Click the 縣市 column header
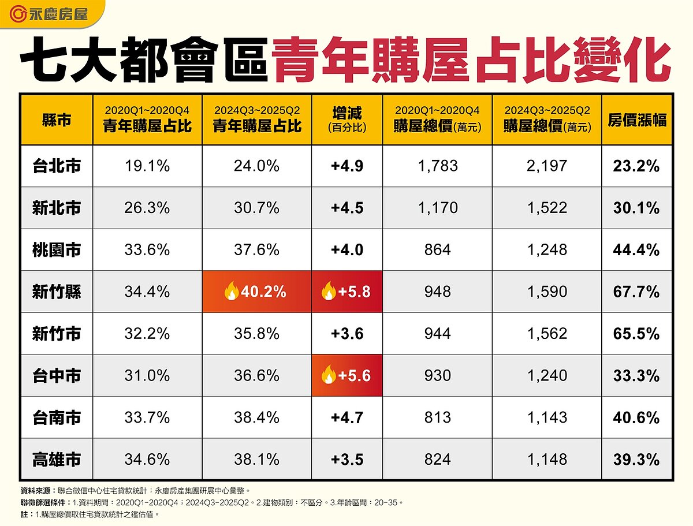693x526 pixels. tap(57, 120)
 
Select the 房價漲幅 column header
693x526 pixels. tap(637, 120)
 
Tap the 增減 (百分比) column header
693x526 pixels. tap(347, 120)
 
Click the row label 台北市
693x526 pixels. tap(57, 166)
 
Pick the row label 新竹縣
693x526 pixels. tap(57, 292)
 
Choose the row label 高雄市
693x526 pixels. tap(57, 459)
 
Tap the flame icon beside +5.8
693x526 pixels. tap(328, 292)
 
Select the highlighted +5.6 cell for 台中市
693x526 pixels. tap(347, 375)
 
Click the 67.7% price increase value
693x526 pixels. tap(637, 292)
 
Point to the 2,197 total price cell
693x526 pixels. tap(547, 166)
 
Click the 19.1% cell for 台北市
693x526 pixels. tap(147, 166)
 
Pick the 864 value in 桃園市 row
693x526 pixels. tap(437, 250)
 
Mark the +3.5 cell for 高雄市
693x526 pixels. tap(347, 459)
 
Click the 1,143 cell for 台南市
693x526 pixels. tap(547, 417)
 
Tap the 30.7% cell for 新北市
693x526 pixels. tap(257, 208)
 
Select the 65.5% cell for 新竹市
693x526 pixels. tap(637, 334)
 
